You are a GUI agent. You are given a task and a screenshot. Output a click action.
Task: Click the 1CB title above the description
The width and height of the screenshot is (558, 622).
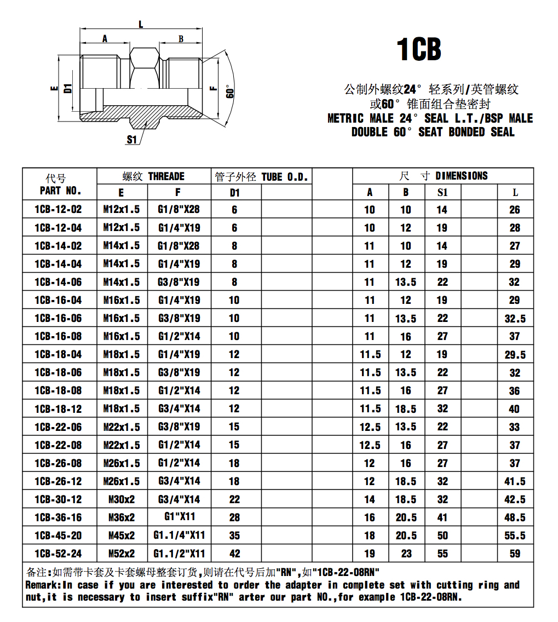pyautogui.click(x=419, y=50)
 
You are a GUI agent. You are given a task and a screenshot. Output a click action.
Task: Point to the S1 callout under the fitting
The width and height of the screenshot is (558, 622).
pyautogui.click(x=131, y=140)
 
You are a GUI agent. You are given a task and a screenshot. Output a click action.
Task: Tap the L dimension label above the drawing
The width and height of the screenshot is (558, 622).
pyautogui.click(x=141, y=24)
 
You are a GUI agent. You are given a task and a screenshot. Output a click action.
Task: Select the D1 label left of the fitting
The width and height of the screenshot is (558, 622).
pyautogui.click(x=67, y=88)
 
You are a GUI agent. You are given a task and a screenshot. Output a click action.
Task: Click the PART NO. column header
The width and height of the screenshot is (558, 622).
pyautogui.click(x=60, y=191)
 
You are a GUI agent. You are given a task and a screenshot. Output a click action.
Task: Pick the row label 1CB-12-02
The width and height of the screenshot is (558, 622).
pyautogui.click(x=57, y=209)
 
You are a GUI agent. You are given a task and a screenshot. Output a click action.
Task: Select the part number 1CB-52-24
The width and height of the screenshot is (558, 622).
pyautogui.click(x=57, y=554)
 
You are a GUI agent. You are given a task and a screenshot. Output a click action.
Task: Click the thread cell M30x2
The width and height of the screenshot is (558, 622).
pyautogui.click(x=122, y=499)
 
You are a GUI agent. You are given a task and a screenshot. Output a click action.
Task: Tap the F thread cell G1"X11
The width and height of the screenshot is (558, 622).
pyautogui.click(x=180, y=516)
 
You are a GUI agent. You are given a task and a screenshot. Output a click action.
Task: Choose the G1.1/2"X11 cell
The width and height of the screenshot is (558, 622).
pyautogui.click(x=179, y=554)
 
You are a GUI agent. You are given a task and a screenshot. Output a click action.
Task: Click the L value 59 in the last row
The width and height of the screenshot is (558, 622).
pyautogui.click(x=515, y=554)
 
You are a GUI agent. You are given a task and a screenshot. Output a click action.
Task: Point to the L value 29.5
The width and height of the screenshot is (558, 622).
pyautogui.click(x=515, y=355)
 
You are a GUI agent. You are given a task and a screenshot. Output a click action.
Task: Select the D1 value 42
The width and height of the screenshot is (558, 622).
pyautogui.click(x=234, y=554)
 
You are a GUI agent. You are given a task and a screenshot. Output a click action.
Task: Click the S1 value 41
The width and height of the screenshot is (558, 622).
pyautogui.click(x=442, y=517)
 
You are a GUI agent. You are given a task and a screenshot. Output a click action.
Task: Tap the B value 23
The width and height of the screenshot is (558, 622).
pyautogui.click(x=406, y=554)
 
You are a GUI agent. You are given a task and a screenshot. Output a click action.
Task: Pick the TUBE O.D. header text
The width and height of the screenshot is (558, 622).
pyautogui.click(x=285, y=177)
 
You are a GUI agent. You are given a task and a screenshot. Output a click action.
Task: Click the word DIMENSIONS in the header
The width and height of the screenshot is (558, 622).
pyautogui.click(x=461, y=176)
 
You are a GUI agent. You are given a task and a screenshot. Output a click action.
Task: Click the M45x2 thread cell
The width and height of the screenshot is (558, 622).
pyautogui.click(x=122, y=535)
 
